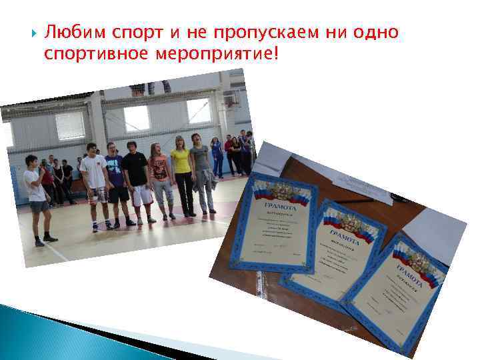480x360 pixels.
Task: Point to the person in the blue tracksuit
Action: (217, 157)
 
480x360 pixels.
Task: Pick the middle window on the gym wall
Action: (137, 118)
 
